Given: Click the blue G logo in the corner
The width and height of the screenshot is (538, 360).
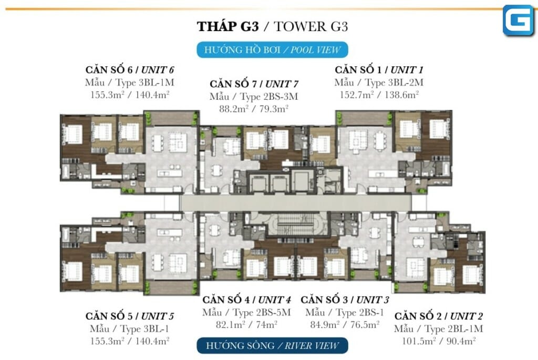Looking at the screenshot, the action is [x=519, y=20].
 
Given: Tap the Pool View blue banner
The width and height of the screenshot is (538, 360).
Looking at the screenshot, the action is [x=273, y=50].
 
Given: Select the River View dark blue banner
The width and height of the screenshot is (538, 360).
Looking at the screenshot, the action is [x=273, y=346].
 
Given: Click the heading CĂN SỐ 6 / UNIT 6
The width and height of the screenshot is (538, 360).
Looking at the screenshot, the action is [x=130, y=70].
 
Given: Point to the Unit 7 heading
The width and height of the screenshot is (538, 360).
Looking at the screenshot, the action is [x=254, y=84].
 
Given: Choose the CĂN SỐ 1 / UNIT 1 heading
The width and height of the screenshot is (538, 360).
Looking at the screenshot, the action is [x=379, y=70].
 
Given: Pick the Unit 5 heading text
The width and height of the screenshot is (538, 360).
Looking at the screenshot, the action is [x=130, y=316].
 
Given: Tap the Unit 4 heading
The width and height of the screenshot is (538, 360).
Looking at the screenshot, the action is [x=247, y=300].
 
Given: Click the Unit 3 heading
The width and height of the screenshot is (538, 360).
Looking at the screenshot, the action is [x=345, y=300].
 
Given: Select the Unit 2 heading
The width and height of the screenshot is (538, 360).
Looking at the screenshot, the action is [x=439, y=316].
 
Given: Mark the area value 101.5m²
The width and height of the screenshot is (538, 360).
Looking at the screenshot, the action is [x=419, y=341].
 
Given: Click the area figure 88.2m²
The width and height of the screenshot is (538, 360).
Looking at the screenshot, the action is [x=234, y=109].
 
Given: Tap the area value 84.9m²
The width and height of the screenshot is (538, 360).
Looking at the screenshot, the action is [x=325, y=324].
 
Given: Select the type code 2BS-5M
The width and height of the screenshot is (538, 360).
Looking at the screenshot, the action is [x=273, y=312].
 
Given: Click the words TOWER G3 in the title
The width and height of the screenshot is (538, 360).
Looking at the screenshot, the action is [x=311, y=26].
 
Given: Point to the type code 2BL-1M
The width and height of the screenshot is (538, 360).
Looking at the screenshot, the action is [x=465, y=329].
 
